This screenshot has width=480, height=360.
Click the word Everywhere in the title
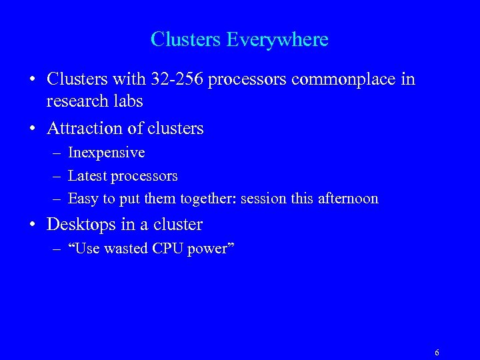(x=277, y=39)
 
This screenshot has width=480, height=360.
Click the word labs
(x=128, y=101)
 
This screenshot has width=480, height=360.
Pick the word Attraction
(x=85, y=128)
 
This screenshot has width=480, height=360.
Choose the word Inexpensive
(x=106, y=153)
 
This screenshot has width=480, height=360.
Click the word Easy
(x=82, y=199)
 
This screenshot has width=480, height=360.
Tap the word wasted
(x=127, y=249)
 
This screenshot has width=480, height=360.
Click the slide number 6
(x=437, y=353)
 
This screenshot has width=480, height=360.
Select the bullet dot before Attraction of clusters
(x=32, y=129)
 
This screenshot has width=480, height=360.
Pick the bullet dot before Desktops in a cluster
(x=32, y=225)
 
